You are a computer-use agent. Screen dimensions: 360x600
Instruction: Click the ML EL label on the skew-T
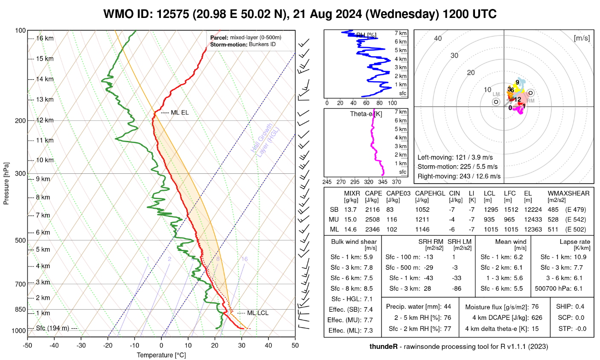(x=179, y=113)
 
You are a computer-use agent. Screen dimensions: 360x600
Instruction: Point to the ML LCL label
(x=258, y=313)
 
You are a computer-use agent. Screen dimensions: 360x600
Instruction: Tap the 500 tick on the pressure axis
(x=20, y=240)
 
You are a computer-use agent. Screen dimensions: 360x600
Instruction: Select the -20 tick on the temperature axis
(x=108, y=345)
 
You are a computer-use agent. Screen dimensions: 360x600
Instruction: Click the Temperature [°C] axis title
(x=161, y=355)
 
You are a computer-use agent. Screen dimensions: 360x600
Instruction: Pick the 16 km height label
(x=45, y=38)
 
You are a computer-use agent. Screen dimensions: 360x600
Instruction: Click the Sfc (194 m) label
(x=52, y=328)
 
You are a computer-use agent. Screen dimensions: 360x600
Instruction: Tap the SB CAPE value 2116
(x=373, y=210)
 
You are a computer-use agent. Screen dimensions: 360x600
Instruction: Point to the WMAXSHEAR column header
(x=568, y=193)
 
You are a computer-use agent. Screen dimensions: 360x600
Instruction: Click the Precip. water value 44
(x=447, y=307)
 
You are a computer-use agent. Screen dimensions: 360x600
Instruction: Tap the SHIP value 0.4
(x=580, y=307)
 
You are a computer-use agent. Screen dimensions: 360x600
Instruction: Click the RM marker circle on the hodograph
(x=530, y=93)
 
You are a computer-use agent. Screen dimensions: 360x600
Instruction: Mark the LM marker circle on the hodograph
(x=496, y=102)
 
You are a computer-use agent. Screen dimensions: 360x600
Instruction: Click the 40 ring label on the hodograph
(x=438, y=38)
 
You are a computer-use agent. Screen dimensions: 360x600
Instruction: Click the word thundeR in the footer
(x=384, y=346)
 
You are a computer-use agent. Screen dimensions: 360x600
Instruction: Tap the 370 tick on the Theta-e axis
(x=396, y=182)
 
